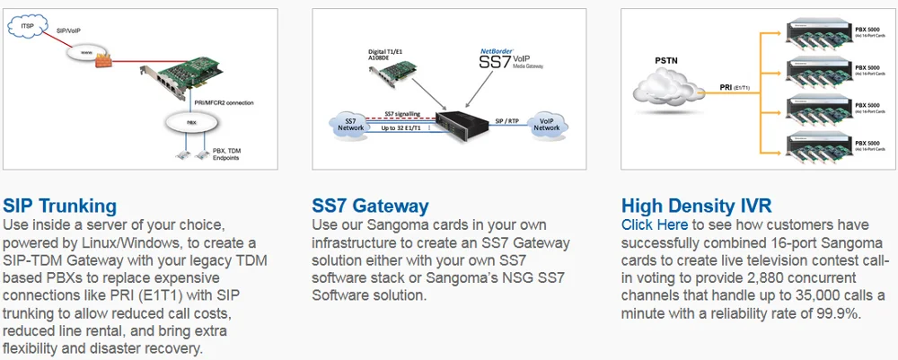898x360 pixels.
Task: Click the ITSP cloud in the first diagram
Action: (28, 29)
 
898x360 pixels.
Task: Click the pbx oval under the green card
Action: (191, 119)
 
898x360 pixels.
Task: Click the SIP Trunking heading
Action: (60, 206)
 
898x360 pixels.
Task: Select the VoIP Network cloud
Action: (546, 124)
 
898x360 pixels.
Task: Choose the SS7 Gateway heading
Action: (370, 206)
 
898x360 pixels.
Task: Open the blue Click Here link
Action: (655, 224)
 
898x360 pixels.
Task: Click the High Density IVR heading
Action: (697, 206)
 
